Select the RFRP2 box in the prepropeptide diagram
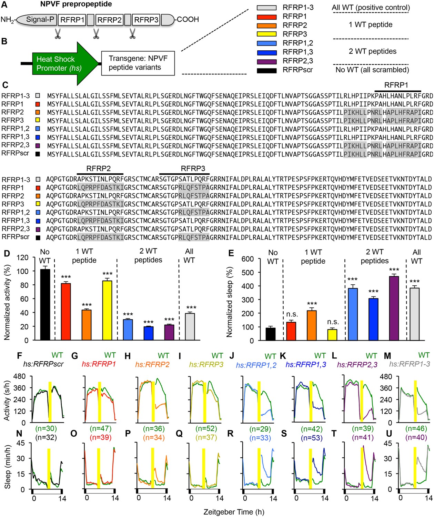109,20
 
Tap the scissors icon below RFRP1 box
58,33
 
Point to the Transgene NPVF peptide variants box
138,63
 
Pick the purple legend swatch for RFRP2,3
267,61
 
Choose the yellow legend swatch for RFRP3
267,34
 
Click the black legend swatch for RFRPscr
267,70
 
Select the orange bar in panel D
87,325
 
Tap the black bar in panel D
45,304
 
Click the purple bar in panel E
394,308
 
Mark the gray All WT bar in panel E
414,314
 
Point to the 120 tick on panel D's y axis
23,257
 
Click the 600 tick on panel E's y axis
248,259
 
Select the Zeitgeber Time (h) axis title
234,512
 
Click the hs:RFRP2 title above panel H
152,364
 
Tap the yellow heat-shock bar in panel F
50,401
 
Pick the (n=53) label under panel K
311,438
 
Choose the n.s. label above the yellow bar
333,322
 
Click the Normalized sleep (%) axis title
230,302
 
